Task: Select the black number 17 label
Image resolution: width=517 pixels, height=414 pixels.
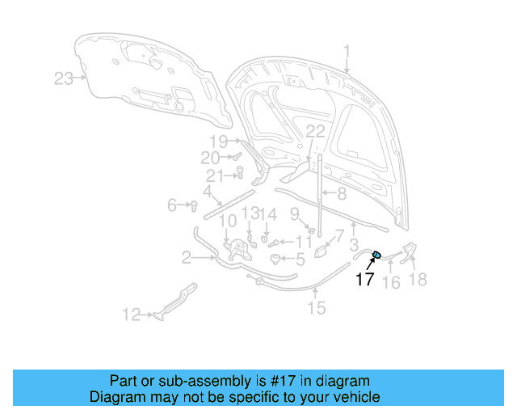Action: pos(365,280)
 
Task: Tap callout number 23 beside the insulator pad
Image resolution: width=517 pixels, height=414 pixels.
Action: pos(64,78)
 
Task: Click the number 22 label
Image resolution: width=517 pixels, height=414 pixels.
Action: pos(315,132)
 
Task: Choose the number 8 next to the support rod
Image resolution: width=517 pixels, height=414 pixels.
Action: pos(342,194)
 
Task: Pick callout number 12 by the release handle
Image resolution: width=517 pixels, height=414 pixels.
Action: pos(131,315)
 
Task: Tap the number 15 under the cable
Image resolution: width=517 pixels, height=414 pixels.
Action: pos(316,308)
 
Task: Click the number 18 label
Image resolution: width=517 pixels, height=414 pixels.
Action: pos(418,280)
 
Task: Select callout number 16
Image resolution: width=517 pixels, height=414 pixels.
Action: pos(391,282)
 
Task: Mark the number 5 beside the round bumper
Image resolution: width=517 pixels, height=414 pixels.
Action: pos(301,260)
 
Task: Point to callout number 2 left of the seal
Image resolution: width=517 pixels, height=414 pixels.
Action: pos(187,258)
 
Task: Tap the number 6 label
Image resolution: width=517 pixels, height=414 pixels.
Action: pos(172,205)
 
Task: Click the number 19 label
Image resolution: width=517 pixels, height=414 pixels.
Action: pos(220,141)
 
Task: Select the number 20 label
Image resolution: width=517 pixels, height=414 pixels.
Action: pos(210,157)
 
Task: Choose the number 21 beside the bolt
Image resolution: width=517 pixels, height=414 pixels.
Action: pos(215,176)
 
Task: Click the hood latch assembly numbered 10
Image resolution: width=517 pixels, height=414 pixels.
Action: pos(237,250)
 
